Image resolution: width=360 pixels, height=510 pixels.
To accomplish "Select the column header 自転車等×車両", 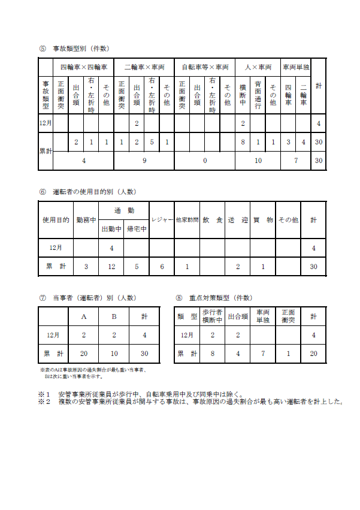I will tap(204, 67).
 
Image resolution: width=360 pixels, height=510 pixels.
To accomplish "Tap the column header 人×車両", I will tap(258, 67).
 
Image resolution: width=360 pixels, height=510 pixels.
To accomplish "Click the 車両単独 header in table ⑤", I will tap(295, 67).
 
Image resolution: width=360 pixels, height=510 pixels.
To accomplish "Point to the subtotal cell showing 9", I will tap(143, 161).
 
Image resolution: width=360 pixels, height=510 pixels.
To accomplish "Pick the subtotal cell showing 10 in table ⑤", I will tap(258, 161).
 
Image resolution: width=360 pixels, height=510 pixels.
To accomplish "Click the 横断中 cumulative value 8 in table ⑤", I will tap(243, 143).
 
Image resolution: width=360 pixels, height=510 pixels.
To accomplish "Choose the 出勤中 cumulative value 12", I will tap(111, 266).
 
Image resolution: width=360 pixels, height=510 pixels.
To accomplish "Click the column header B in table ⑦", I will tap(114, 316).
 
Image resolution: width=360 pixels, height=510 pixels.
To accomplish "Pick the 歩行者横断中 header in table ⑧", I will tap(212, 316).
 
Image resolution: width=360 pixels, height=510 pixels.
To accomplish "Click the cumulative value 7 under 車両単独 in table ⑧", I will tap(263, 354).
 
